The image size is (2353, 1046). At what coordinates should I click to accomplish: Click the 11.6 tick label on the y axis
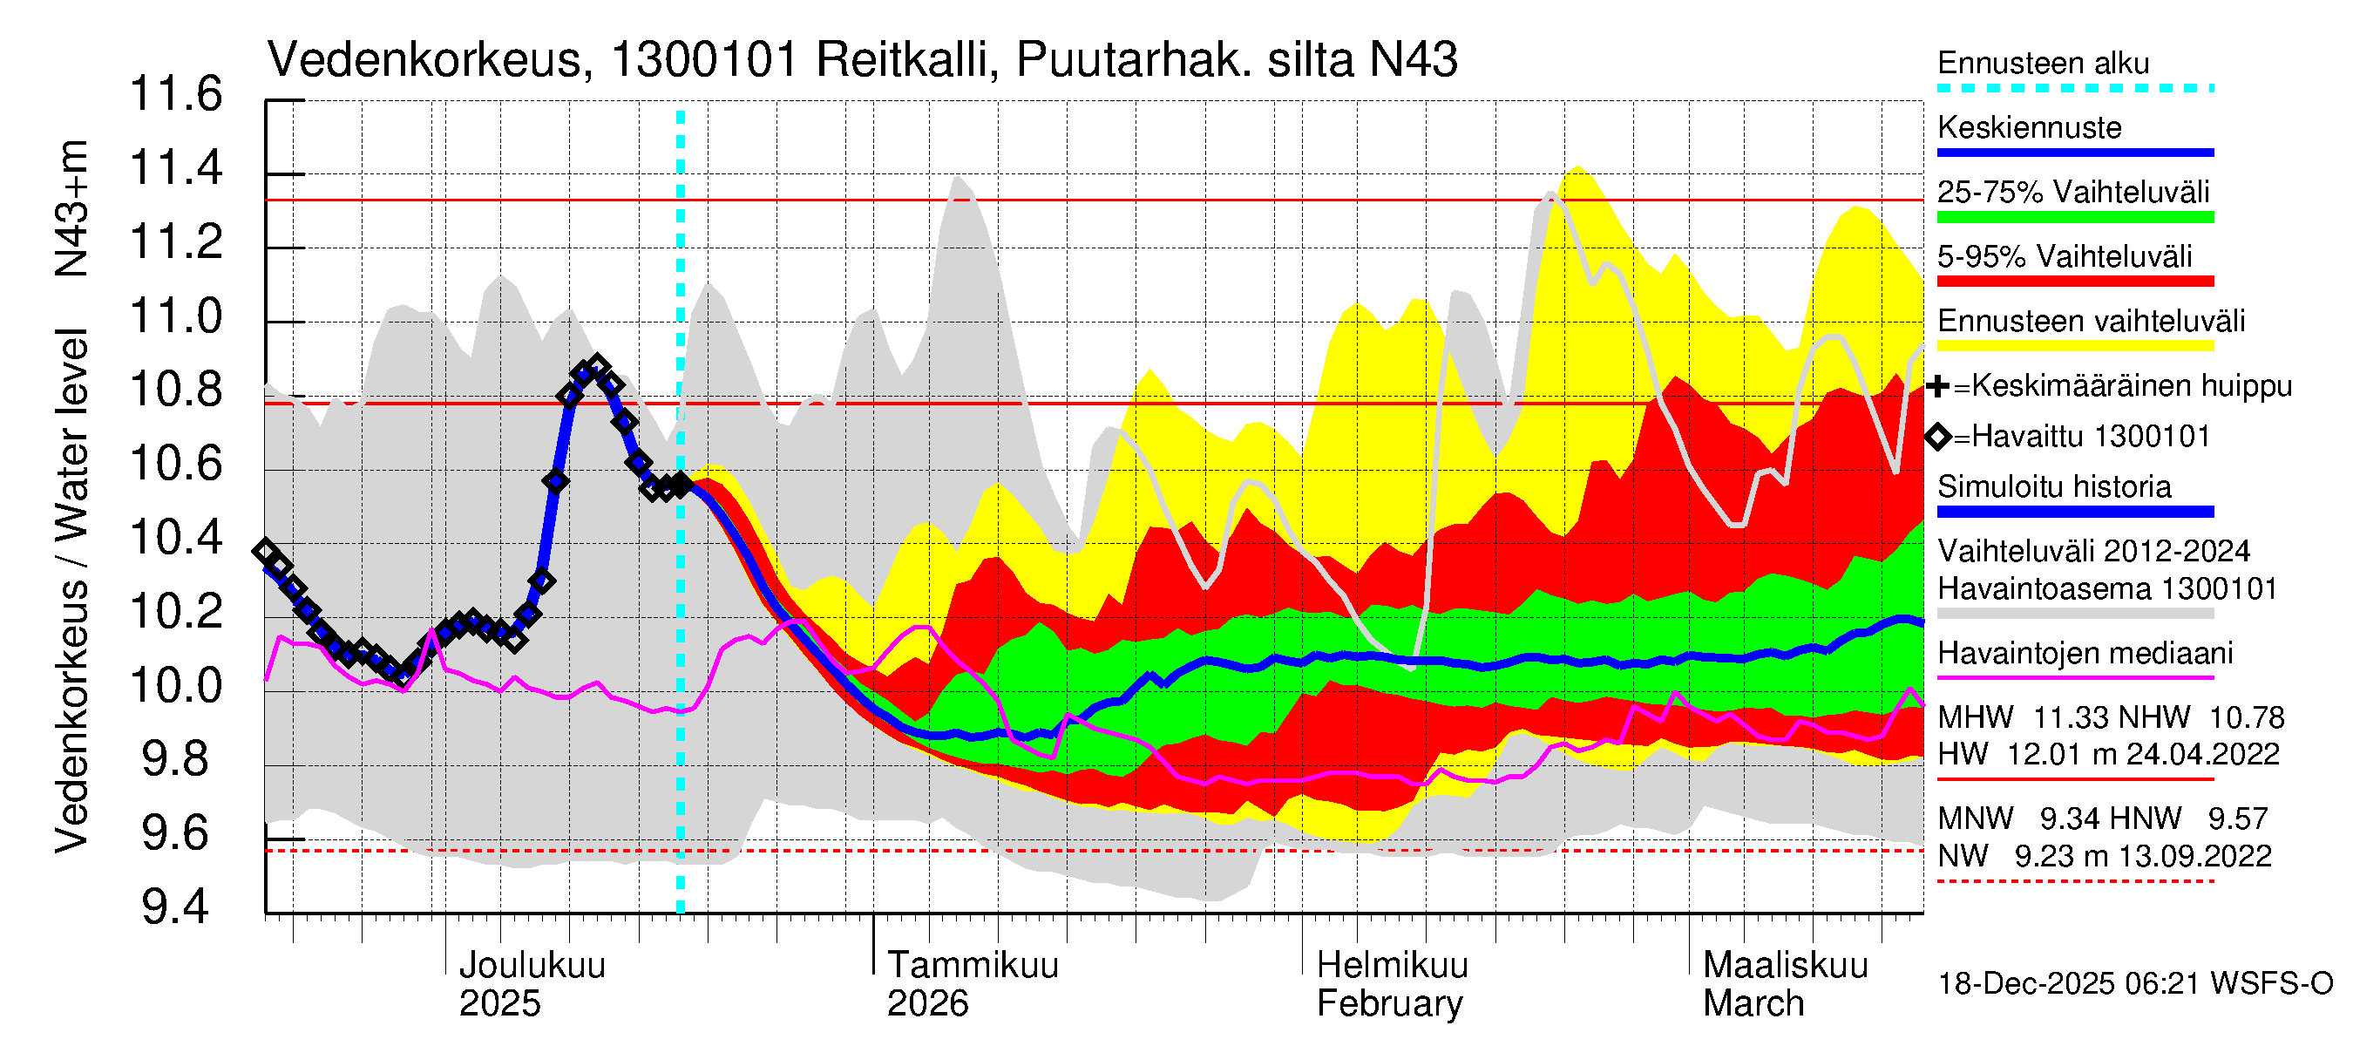pyautogui.click(x=176, y=95)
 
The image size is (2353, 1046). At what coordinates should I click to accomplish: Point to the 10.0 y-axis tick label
pyautogui.click(x=176, y=686)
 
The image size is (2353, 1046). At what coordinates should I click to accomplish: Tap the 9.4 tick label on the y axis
pyautogui.click(x=176, y=908)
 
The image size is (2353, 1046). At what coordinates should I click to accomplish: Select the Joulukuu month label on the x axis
pyautogui.click(x=532, y=966)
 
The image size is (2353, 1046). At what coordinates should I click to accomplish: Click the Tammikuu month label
pyautogui.click(x=973, y=966)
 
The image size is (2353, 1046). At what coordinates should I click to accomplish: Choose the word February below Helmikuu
pyautogui.click(x=1389, y=1004)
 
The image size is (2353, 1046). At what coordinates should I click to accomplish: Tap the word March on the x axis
pyautogui.click(x=1753, y=1004)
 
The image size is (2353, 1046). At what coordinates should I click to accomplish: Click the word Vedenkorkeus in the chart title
pyautogui.click(x=424, y=61)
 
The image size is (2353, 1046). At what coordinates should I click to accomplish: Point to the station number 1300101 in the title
pyautogui.click(x=704, y=61)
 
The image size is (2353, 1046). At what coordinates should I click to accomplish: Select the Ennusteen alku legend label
pyautogui.click(x=2043, y=64)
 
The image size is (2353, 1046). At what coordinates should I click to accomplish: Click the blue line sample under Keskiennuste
pyautogui.click(x=2074, y=153)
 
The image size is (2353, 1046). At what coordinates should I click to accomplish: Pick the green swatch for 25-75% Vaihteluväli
pyautogui.click(x=2074, y=217)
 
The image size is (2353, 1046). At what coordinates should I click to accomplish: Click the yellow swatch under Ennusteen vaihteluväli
pyautogui.click(x=2074, y=346)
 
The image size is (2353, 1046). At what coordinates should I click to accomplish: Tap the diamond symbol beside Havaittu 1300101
pyautogui.click(x=1937, y=437)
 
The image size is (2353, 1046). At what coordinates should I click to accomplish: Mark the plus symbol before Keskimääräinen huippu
pyautogui.click(x=1937, y=386)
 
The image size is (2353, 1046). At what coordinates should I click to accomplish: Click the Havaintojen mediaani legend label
pyautogui.click(x=2085, y=654)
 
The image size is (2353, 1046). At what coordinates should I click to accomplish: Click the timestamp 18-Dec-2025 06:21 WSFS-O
pyautogui.click(x=2134, y=984)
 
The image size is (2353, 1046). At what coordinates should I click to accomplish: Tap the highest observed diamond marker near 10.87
pyautogui.click(x=597, y=367)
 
